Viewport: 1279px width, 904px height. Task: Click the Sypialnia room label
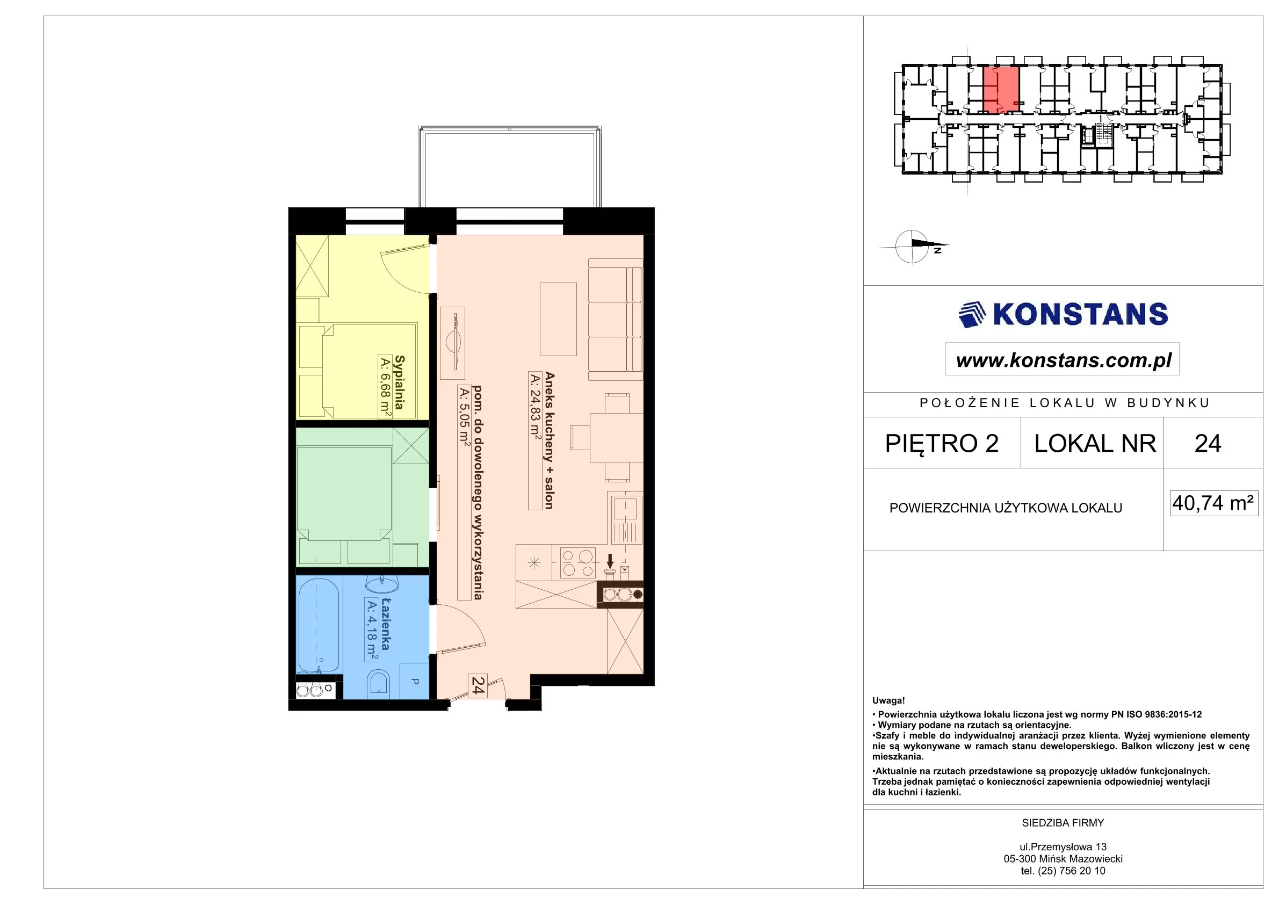(x=399, y=382)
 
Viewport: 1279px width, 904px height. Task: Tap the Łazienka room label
(x=385, y=624)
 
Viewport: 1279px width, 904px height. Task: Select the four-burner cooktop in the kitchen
(x=577, y=563)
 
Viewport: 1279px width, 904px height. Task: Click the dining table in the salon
(x=616, y=437)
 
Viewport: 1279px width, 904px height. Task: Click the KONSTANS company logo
(x=1063, y=314)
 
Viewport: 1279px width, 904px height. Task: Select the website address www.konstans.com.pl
(x=1064, y=360)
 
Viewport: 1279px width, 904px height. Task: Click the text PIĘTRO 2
(x=942, y=443)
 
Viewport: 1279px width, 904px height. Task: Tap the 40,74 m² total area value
(x=1213, y=503)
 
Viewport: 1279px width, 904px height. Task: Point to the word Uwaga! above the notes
(x=888, y=701)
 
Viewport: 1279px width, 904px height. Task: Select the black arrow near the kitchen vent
(x=610, y=561)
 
